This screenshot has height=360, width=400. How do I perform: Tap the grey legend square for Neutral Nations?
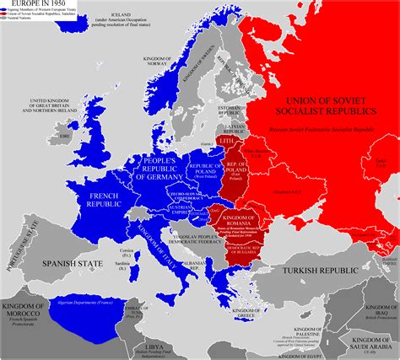(3, 21)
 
